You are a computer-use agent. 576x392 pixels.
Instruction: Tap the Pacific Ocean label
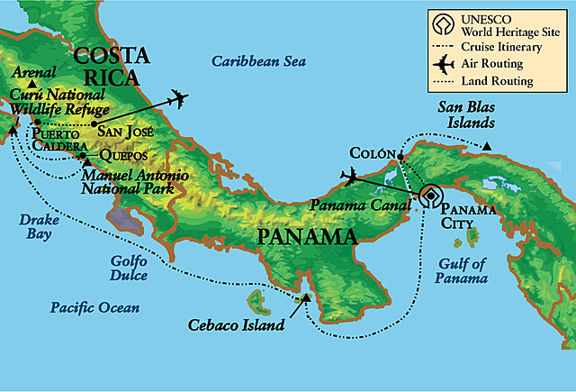point(94,307)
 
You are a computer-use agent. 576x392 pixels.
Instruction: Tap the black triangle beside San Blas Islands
point(487,146)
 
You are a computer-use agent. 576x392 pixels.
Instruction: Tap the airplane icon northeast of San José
point(178,97)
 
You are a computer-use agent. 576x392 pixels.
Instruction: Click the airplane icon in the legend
point(443,64)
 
